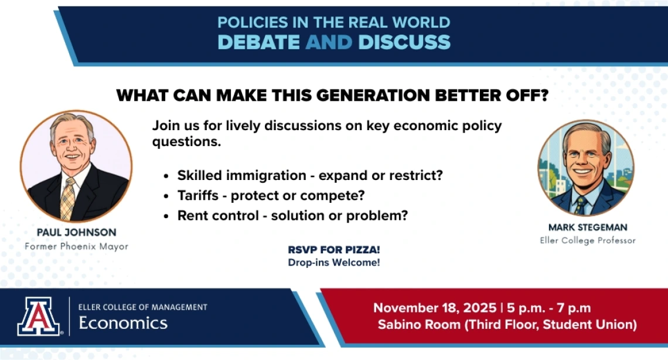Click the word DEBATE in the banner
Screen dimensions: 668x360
click(x=258, y=42)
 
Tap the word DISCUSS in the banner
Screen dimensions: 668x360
click(x=404, y=42)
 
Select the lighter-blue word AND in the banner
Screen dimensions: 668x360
click(x=329, y=42)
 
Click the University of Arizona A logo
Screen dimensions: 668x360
click(x=38, y=316)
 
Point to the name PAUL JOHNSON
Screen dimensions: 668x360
click(x=76, y=232)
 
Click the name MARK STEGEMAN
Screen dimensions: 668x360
click(x=588, y=227)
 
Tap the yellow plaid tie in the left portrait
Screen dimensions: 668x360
click(x=68, y=198)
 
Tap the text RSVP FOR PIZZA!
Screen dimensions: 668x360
click(x=334, y=250)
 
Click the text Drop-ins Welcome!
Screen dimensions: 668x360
click(x=334, y=263)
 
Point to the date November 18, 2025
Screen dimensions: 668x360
click(x=435, y=308)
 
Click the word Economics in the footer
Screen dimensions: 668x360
click(x=123, y=323)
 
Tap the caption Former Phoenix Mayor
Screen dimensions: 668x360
click(x=76, y=246)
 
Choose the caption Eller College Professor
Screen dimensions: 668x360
click(x=588, y=240)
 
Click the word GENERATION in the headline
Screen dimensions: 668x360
click(x=373, y=95)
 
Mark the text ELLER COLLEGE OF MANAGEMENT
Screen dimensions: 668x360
click(x=143, y=307)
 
